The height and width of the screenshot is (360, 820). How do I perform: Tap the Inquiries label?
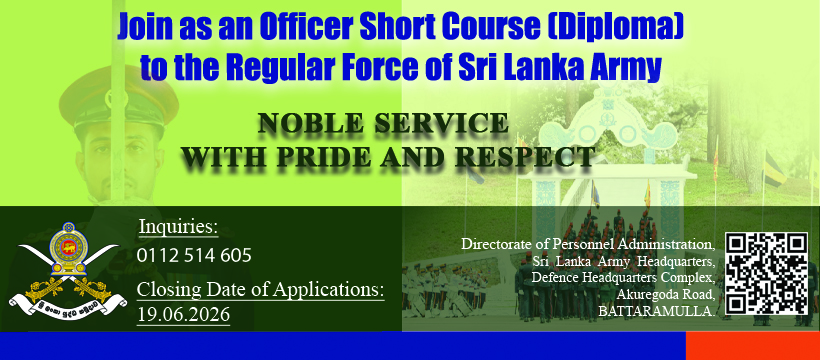pos(178,228)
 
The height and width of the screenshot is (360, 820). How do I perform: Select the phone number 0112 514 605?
pos(194,255)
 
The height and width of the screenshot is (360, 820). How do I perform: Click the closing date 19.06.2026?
pos(184,314)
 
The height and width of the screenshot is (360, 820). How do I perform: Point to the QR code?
pos(767,274)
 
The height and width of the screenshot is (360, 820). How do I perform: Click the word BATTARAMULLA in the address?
pos(656,312)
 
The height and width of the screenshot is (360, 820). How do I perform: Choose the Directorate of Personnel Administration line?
pos(588,244)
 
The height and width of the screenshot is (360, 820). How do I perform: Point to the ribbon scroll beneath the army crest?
pos(68,303)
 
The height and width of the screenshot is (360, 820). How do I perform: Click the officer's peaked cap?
pos(119,99)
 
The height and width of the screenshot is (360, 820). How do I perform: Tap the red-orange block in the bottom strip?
pos(753,346)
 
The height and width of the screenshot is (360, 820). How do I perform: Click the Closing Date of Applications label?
pos(260,289)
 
